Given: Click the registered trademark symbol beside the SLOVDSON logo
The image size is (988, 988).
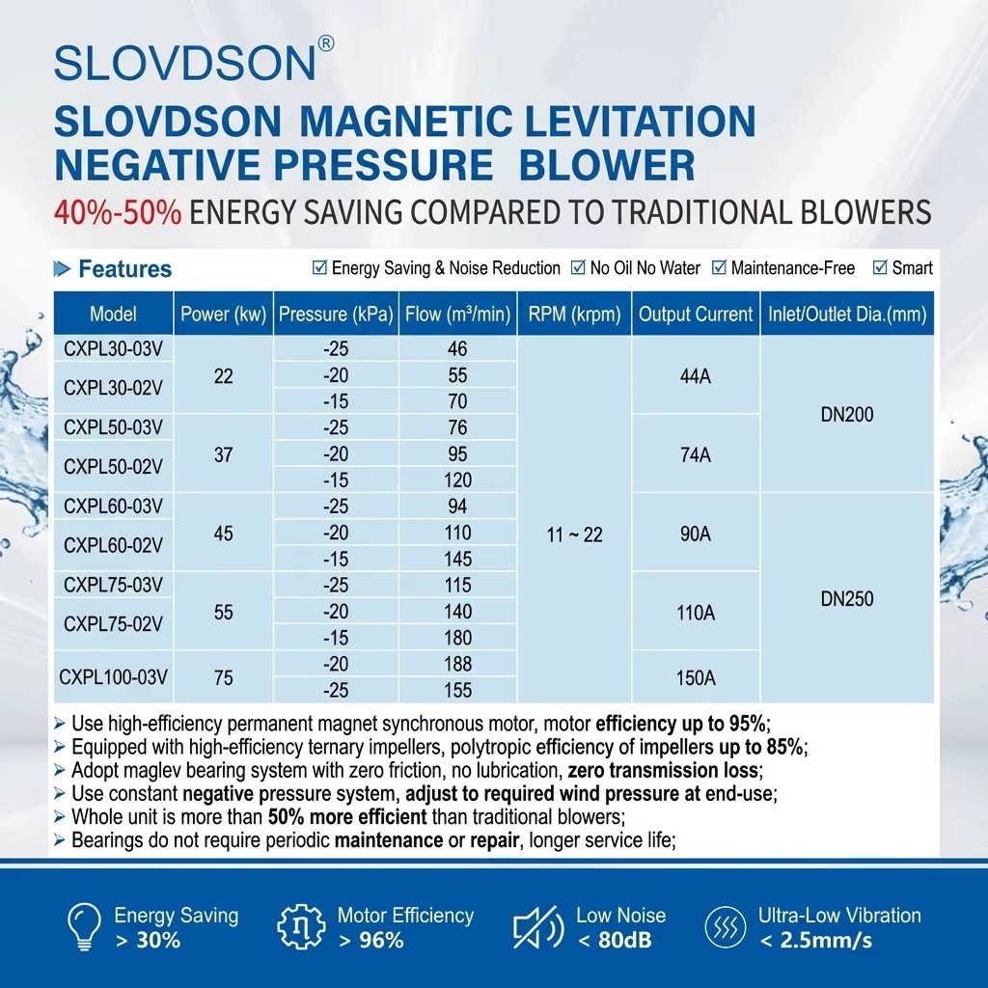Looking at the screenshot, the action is point(326,43).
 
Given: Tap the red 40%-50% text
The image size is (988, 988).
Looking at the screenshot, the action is point(118,212).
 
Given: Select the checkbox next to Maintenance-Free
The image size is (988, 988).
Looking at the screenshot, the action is point(719,268).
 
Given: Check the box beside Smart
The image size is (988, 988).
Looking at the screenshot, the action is point(880,268).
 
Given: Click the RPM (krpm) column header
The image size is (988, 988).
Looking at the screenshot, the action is point(574,314).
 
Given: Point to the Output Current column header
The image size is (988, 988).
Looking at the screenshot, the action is point(696,314).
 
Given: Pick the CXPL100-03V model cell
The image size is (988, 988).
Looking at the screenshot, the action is point(114,677).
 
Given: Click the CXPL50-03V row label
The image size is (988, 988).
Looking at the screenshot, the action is point(114,427).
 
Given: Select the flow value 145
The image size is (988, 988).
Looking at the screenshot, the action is point(457,559).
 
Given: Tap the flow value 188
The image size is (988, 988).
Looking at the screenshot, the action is point(457,664).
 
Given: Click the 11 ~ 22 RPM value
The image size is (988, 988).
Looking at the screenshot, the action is point(574,535).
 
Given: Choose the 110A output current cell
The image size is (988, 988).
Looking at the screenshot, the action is point(696,613).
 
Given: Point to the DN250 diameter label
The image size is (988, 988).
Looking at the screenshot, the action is point(847,598).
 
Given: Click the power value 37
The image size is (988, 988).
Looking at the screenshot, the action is point(223,454).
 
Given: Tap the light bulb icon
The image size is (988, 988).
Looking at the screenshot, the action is point(84,926).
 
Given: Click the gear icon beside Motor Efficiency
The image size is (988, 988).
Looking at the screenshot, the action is point(301,927).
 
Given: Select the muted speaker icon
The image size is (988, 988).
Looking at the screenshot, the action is point(537,927).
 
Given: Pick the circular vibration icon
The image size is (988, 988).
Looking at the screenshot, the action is point(726,927).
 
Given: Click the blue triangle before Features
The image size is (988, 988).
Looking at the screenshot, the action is point(62,269).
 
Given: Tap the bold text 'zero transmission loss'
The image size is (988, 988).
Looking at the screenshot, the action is point(663,771).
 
